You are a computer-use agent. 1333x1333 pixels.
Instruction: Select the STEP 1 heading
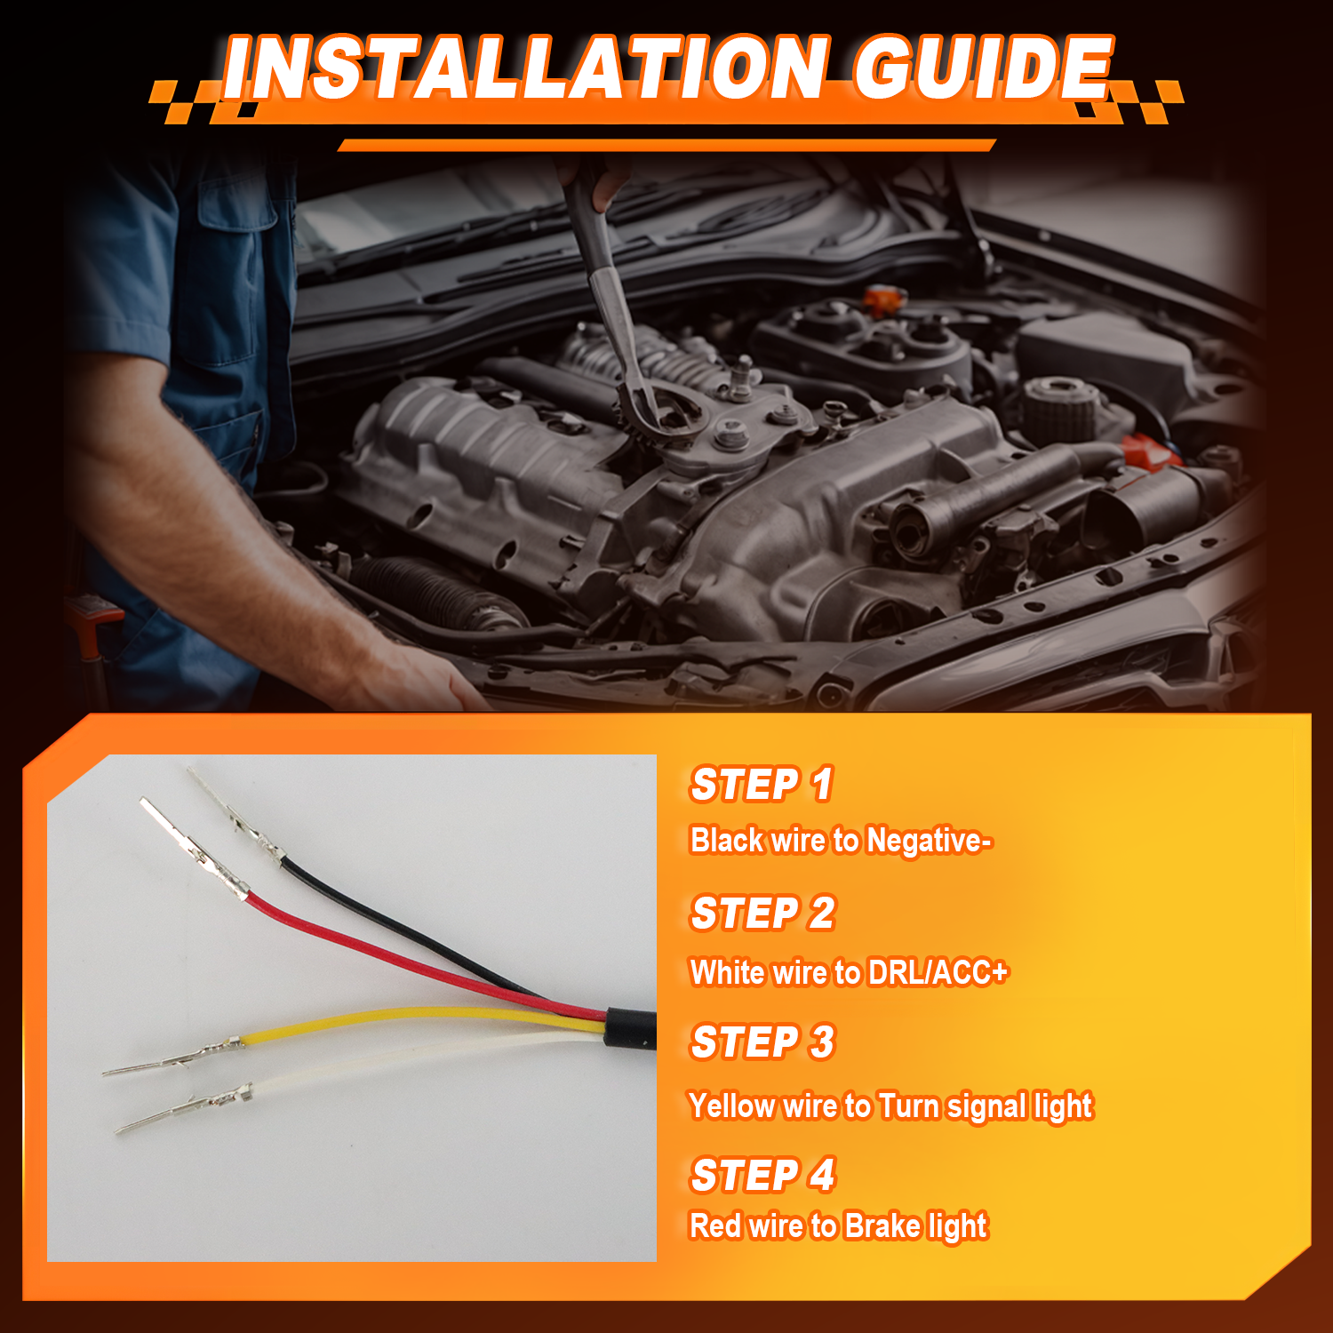click(x=762, y=785)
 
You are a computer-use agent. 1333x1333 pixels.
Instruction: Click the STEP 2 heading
click(x=763, y=914)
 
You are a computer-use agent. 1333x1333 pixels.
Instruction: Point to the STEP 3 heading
click(x=763, y=1042)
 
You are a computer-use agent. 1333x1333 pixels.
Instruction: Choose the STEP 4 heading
click(x=763, y=1175)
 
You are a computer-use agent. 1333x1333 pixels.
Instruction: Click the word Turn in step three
click(x=908, y=1106)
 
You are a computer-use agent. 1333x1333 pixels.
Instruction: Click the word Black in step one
click(x=727, y=840)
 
